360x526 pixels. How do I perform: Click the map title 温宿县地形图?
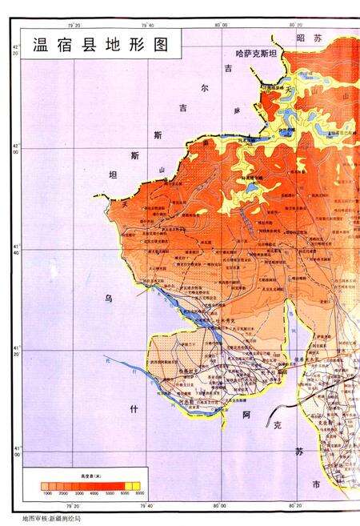tap(101, 44)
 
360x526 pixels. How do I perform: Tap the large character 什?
tap(134, 408)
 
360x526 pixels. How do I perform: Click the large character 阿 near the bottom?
tap(247, 416)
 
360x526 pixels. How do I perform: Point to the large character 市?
tap(316, 485)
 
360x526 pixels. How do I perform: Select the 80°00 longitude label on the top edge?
tap(222, 24)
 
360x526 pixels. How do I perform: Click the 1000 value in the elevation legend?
tap(48, 494)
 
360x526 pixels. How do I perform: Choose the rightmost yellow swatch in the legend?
tap(135, 485)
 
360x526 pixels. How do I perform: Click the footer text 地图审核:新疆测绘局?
tap(52, 519)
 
